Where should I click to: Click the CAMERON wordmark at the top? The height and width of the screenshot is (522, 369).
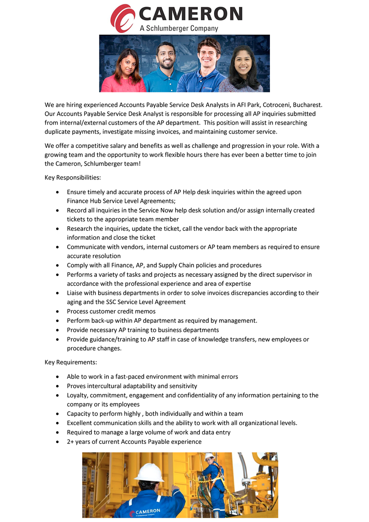tap(191, 14)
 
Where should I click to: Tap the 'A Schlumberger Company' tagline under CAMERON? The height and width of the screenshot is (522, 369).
tap(179, 28)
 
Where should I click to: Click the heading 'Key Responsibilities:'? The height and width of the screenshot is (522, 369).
tap(73, 178)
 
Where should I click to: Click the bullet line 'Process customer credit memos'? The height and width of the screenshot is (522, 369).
tap(111, 311)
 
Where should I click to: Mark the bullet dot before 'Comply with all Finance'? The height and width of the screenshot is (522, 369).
tap(57, 265)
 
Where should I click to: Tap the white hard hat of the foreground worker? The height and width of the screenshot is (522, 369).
tap(149, 472)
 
